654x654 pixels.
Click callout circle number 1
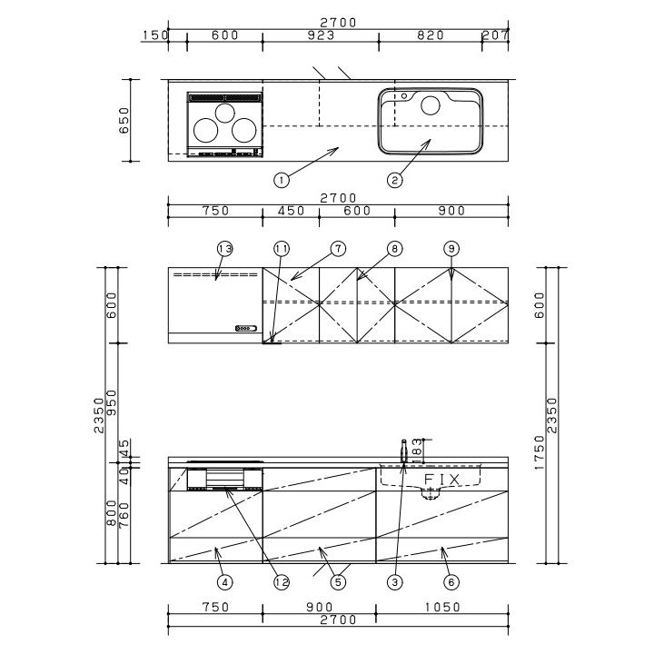(x=282, y=180)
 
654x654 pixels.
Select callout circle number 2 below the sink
(x=394, y=180)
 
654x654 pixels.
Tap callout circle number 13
(x=225, y=249)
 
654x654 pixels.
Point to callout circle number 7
(x=338, y=249)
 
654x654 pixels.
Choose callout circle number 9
(x=451, y=249)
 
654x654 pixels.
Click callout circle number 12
(x=282, y=582)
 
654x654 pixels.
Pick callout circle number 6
(x=451, y=582)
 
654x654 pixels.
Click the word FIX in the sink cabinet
(x=442, y=480)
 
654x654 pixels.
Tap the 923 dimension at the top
(x=321, y=35)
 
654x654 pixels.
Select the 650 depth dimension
(x=124, y=120)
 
